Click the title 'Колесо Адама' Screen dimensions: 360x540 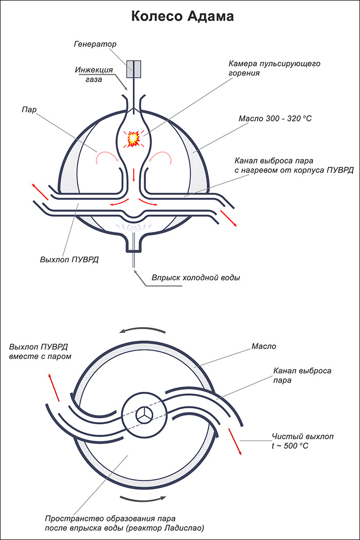183,16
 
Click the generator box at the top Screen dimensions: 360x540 133,69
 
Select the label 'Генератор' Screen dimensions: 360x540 95,44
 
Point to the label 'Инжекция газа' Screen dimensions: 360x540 94,75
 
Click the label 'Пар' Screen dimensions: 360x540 29,110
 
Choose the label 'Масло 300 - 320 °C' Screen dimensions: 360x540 275,119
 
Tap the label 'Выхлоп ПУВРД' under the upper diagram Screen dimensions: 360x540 69,259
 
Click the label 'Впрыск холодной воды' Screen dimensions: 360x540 195,278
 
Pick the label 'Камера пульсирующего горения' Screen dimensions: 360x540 274,68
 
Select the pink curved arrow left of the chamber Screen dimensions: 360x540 107,157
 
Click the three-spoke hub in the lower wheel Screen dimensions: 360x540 142,415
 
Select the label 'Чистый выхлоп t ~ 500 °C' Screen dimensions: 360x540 302,441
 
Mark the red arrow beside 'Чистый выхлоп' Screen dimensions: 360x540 235,441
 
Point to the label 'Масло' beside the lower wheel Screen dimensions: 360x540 264,346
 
